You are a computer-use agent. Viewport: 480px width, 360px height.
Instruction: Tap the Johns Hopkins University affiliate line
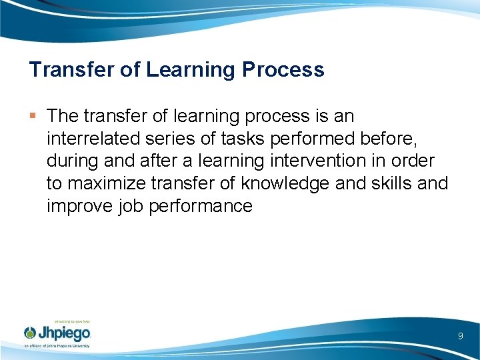pyautogui.click(x=57, y=346)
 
